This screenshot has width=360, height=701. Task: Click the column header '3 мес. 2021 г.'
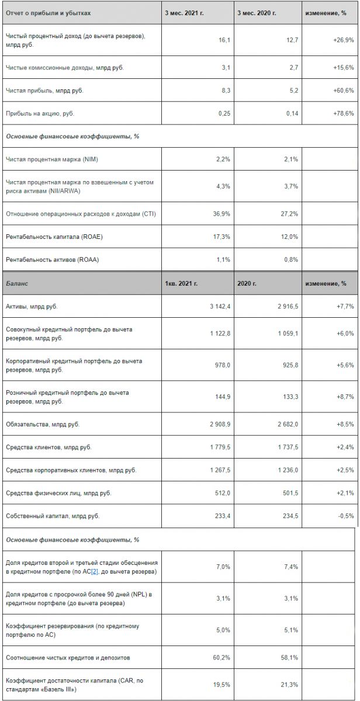pos(184,13)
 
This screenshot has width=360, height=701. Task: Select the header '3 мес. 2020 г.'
pos(257,13)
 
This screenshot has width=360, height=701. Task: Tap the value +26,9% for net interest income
pos(344,40)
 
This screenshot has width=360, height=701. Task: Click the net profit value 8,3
pos(226,91)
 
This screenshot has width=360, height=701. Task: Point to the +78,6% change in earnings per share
pos(344,113)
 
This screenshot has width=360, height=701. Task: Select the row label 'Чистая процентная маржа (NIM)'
pos(52,159)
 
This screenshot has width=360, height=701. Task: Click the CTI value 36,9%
pos(221,214)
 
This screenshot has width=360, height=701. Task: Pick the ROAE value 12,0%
pos(289,237)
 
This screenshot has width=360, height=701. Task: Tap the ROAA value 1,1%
pos(223,260)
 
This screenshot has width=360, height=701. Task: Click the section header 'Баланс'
pos(17,283)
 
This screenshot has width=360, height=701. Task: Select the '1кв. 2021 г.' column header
pos(181,283)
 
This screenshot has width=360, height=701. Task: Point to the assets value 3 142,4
pos(220,306)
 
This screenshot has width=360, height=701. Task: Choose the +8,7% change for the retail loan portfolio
pos(345,397)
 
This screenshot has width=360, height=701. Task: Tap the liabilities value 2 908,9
pos(220,424)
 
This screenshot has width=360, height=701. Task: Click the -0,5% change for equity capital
pos(346,516)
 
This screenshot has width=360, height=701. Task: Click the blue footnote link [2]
pos(95,572)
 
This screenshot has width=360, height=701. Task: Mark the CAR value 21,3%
pos(289,685)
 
